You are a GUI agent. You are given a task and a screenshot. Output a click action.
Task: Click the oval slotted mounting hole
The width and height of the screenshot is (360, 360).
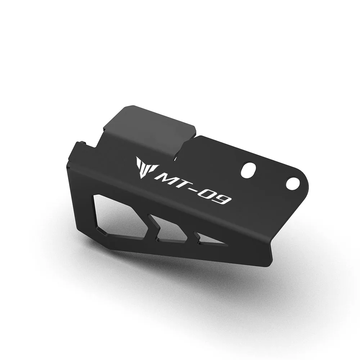tap(248, 168)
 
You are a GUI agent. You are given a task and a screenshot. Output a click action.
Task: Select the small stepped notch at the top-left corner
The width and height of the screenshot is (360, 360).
tap(81, 144)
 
